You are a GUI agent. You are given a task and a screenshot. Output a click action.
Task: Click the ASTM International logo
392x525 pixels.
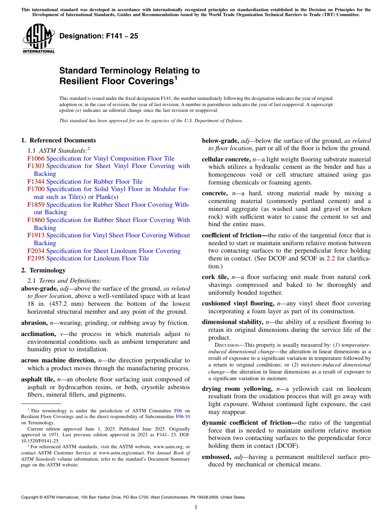[38, 39]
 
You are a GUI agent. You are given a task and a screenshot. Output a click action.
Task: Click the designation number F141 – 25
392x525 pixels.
[99, 36]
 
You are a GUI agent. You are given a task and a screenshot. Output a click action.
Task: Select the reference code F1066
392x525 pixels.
[36, 158]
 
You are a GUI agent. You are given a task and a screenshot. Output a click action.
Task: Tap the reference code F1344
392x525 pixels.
[36, 182]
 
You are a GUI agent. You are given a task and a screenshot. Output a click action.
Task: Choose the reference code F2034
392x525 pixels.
[36, 251]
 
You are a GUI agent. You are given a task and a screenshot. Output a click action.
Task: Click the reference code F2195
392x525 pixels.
[36, 258]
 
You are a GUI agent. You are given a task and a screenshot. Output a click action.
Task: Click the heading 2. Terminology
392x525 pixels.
[43, 270]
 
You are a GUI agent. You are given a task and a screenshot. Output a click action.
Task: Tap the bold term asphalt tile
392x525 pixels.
[38, 379]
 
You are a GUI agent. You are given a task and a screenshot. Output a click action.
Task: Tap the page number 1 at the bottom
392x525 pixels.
[196, 507]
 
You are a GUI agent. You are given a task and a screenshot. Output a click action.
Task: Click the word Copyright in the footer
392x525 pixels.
[31, 497]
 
